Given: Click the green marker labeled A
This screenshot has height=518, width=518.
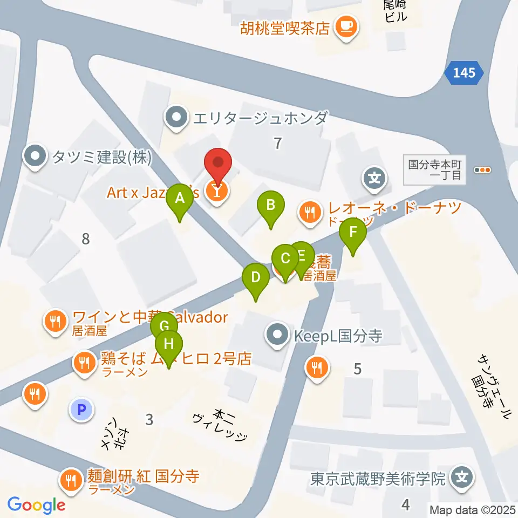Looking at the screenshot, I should (x=180, y=198).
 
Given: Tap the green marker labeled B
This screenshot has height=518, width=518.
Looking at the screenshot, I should (x=271, y=206).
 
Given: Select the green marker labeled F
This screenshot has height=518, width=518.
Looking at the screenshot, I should (x=353, y=233).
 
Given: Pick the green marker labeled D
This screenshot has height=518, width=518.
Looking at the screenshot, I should (x=256, y=278).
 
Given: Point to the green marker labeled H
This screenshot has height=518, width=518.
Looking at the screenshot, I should (x=169, y=344).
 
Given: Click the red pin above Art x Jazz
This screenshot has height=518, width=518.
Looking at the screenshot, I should (x=218, y=163).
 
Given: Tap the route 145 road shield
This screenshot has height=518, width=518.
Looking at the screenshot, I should (x=464, y=73).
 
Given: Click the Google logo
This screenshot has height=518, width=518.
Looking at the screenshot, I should (x=36, y=505).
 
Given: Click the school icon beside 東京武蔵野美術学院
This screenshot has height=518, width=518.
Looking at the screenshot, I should (x=462, y=478).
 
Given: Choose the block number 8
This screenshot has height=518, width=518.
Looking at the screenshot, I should (x=85, y=238).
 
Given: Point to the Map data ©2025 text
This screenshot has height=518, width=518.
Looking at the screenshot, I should (x=471, y=509).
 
